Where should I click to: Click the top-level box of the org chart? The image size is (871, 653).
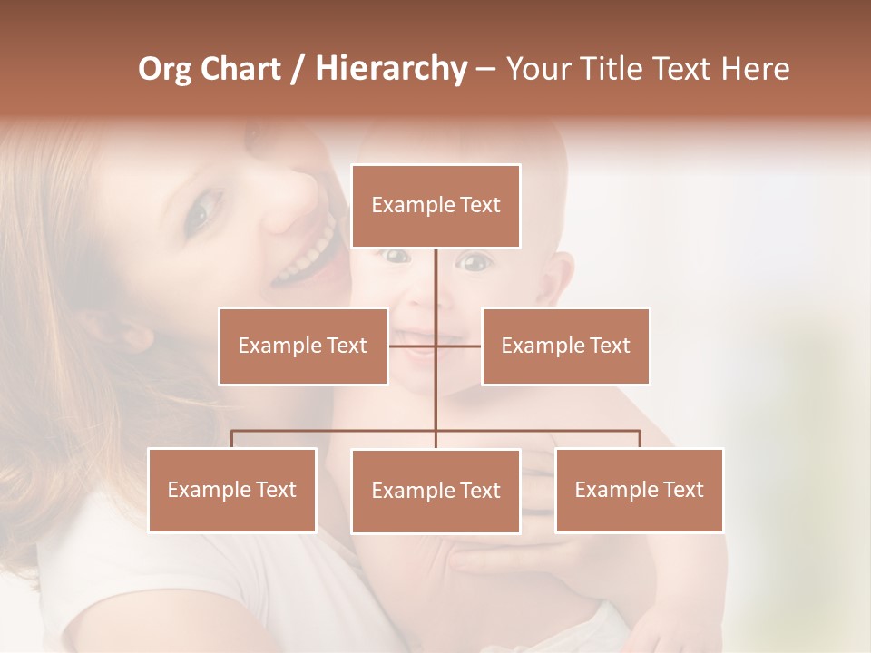tap(435, 206)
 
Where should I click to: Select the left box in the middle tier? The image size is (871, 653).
tap(302, 346)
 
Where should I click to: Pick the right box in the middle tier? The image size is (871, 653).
tap(565, 346)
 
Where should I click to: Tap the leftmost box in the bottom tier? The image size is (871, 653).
tap(232, 490)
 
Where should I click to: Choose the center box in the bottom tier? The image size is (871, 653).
tap(435, 491)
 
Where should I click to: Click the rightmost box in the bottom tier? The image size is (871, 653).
tap(639, 490)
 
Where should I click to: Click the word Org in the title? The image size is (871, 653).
tap(164, 69)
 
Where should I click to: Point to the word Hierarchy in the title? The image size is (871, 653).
tap(390, 69)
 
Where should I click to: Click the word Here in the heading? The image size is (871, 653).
tap(754, 69)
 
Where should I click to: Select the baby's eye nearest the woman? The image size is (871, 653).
tap(396, 257)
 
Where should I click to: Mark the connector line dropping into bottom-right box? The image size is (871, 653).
tap(639, 439)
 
